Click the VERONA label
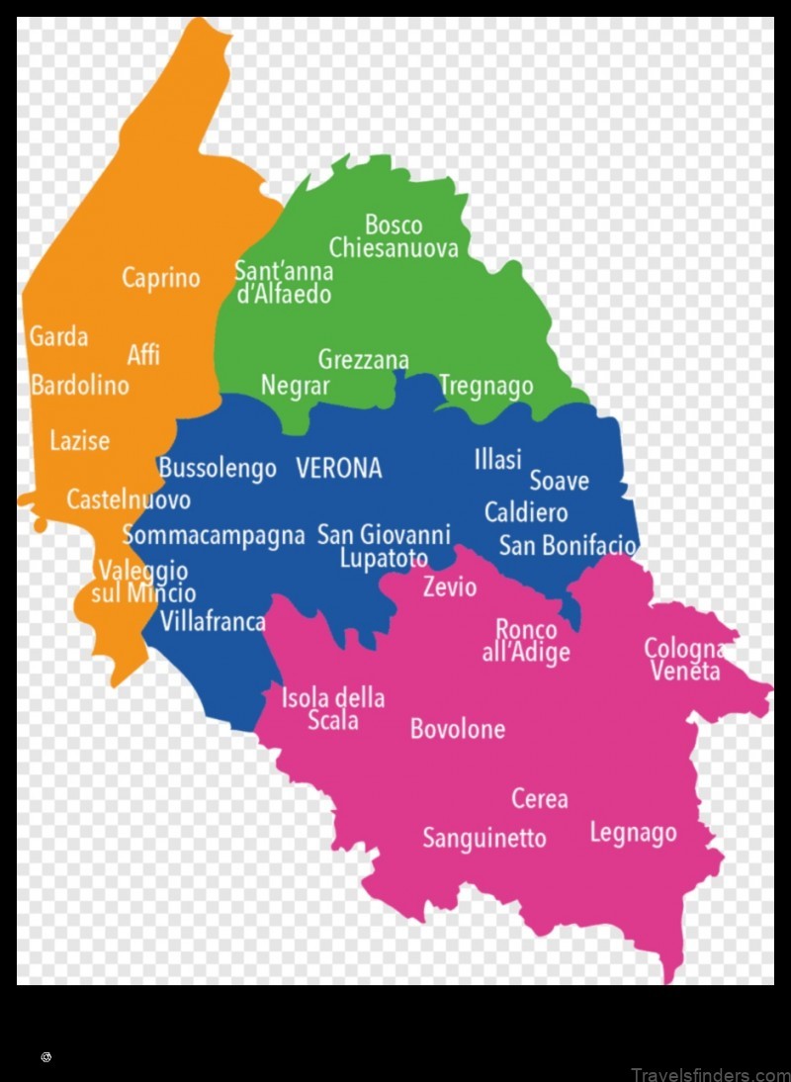(338, 468)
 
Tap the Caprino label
(160, 278)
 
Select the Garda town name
(58, 336)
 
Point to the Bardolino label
(79, 385)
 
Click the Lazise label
(79, 440)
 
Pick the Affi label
(143, 354)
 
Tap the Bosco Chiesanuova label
(394, 236)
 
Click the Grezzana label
(363, 360)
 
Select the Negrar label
(295, 386)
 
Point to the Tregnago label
(485, 386)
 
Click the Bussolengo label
(218, 468)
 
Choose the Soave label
(559, 481)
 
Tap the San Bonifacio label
(568, 545)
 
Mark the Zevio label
(449, 587)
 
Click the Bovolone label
(457, 729)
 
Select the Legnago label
(633, 833)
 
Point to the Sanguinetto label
(483, 838)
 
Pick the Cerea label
(539, 797)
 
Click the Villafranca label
(212, 621)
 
